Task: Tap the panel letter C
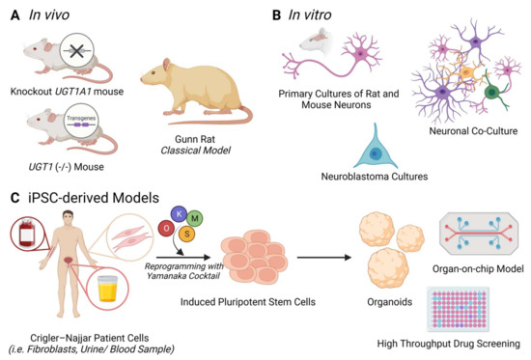pyautogui.click(x=11, y=198)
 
